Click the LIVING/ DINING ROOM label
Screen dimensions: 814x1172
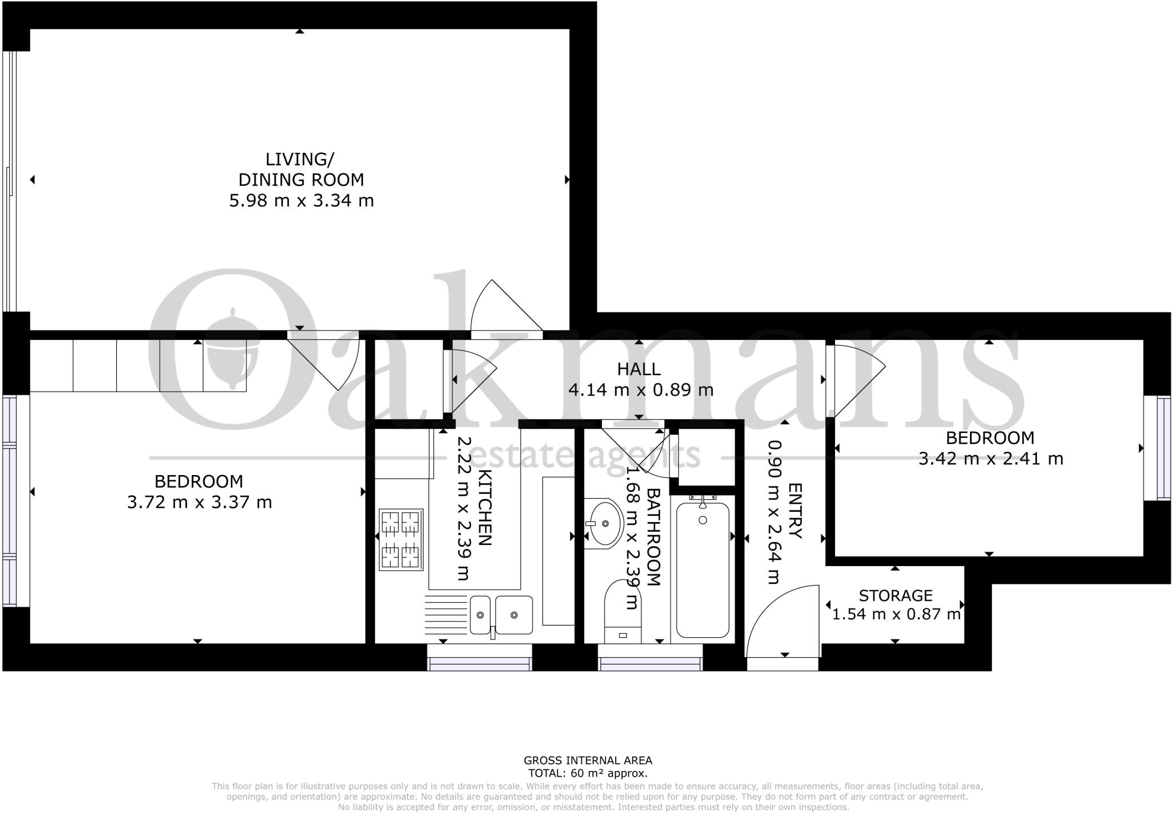coord(300,169)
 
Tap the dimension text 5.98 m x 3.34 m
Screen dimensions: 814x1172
coord(301,201)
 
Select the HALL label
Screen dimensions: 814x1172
coord(639,369)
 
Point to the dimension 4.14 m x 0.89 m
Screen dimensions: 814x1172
coord(640,390)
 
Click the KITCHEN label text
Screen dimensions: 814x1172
coord(484,507)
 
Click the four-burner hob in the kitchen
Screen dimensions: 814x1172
coord(401,539)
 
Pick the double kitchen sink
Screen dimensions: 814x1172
coord(501,615)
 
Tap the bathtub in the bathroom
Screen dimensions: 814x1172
coord(703,570)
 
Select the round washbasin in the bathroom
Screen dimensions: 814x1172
coord(604,523)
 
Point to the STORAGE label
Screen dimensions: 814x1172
coord(896,596)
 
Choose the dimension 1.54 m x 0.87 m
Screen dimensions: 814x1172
coord(896,615)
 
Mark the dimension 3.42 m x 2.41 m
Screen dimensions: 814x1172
coord(991,459)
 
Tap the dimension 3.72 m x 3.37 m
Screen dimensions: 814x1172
coord(199,503)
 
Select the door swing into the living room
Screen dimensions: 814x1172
coord(504,306)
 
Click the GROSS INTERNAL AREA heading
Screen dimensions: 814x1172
coord(588,761)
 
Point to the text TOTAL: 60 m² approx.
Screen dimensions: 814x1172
coord(588,773)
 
